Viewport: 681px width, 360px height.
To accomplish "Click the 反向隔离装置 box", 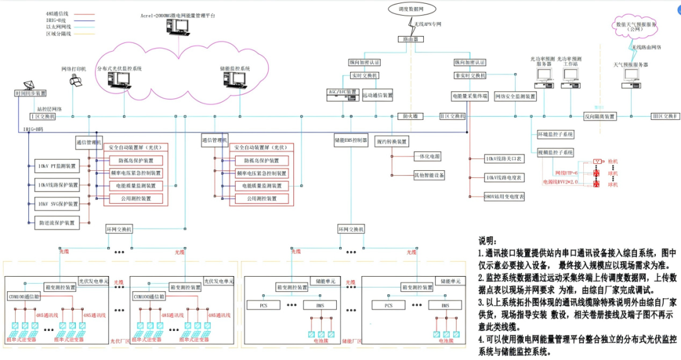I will (x=599, y=117).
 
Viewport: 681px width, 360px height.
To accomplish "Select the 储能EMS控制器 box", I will (x=351, y=141).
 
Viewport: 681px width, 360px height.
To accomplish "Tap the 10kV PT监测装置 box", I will (x=57, y=166).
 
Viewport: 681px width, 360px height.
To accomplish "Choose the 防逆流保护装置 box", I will (x=57, y=223).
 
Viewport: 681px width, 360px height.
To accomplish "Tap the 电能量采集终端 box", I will (x=470, y=96).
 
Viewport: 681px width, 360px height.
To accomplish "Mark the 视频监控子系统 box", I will (x=555, y=153).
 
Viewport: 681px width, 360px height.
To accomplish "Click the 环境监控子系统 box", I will (x=555, y=135).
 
